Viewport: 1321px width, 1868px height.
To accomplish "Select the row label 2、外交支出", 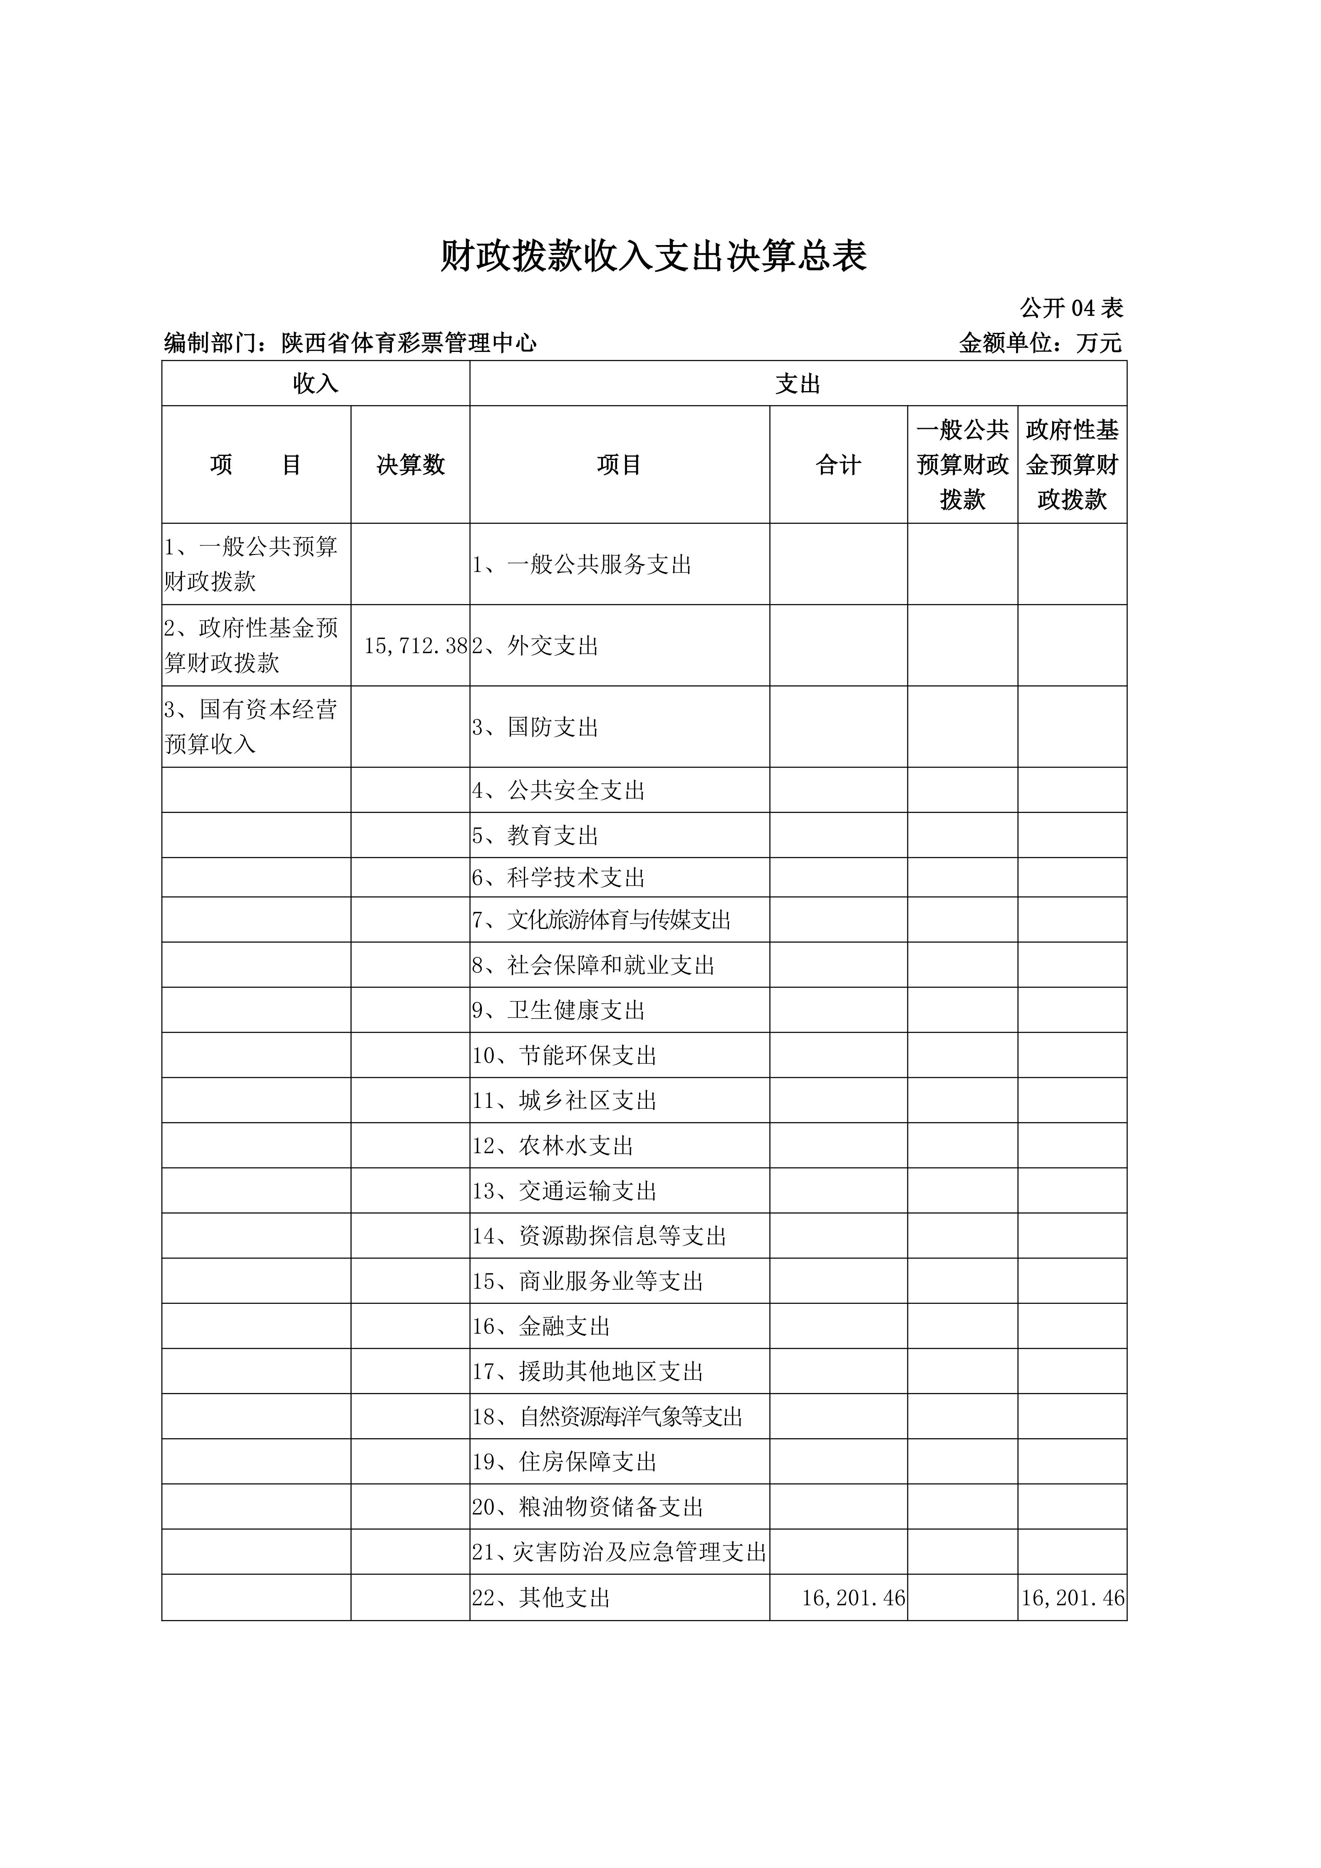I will click(535, 646).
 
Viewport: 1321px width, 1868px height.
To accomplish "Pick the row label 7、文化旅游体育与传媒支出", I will click(601, 920).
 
